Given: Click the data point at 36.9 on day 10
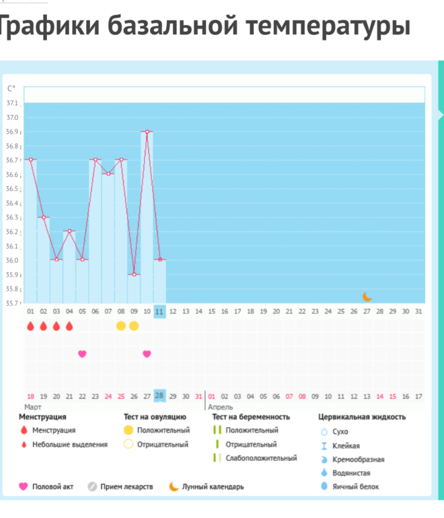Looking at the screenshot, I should [x=147, y=132].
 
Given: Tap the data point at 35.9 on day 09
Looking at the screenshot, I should [x=134, y=274].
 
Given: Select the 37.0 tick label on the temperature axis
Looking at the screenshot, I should [x=12, y=118].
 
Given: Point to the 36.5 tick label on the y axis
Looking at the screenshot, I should [x=12, y=189].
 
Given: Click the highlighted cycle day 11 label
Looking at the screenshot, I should [x=159, y=311].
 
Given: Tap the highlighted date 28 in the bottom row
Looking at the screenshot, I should [x=159, y=396].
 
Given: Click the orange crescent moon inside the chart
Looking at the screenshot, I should [x=367, y=297].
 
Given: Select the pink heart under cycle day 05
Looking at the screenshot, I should [x=82, y=354].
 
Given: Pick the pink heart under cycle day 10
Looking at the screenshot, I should [x=147, y=354].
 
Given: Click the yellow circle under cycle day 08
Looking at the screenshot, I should [x=121, y=326].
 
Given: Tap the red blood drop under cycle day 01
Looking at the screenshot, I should [x=30, y=326].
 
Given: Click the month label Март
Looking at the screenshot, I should [x=33, y=407].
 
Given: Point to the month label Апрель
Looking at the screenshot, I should [x=220, y=407].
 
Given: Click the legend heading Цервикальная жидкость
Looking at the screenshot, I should [x=362, y=417].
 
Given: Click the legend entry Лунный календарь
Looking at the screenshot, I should [x=213, y=486].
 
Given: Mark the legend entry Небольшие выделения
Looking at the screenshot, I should [x=70, y=445].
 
